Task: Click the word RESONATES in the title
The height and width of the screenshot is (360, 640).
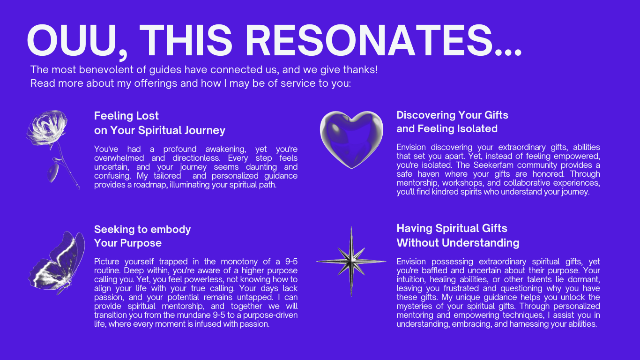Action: (x=369, y=40)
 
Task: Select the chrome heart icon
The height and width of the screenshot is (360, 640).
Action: (x=351, y=140)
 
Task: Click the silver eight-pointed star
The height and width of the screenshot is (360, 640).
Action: (x=351, y=261)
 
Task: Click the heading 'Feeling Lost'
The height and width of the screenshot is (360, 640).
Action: (x=127, y=116)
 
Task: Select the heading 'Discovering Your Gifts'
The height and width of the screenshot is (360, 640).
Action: (x=452, y=115)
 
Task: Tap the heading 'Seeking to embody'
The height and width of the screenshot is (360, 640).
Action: (x=142, y=229)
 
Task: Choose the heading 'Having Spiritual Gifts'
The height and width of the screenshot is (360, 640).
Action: (x=452, y=228)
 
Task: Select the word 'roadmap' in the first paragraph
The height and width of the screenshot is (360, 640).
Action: (x=150, y=185)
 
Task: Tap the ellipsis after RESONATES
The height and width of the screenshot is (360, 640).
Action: (x=508, y=52)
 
